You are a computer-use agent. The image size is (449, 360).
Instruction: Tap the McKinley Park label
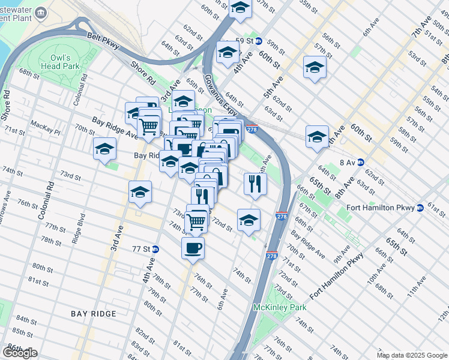click(280, 307)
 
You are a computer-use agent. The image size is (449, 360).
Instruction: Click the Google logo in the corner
click(20, 352)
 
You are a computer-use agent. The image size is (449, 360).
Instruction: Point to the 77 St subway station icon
click(155, 249)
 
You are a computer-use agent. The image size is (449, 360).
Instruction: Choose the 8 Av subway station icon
click(361, 162)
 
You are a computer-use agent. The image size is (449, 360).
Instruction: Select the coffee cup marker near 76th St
click(193, 247)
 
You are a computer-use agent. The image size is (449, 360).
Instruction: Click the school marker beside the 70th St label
click(105, 149)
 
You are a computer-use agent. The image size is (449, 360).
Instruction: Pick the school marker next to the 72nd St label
click(249, 220)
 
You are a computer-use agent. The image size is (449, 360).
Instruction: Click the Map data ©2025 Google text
click(411, 355)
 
